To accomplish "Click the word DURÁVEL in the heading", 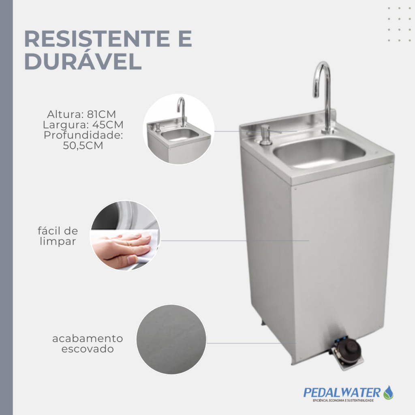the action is point(83,62).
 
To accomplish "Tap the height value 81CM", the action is point(101,114).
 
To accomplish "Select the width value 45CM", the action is point(108,125).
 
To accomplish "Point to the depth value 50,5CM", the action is point(83,145).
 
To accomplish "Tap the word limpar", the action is point(58,242).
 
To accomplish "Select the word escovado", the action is point(88,349).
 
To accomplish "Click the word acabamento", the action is point(88,338).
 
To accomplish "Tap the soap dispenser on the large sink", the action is point(265,135).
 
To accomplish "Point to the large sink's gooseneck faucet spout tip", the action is point(315,96).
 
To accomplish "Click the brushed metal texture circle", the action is point(171,340).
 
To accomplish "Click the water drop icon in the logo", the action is point(388,392).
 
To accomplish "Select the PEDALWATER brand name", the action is point(342,393).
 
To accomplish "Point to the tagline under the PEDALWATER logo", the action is point(343,401).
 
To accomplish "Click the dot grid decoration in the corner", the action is point(399,24).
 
